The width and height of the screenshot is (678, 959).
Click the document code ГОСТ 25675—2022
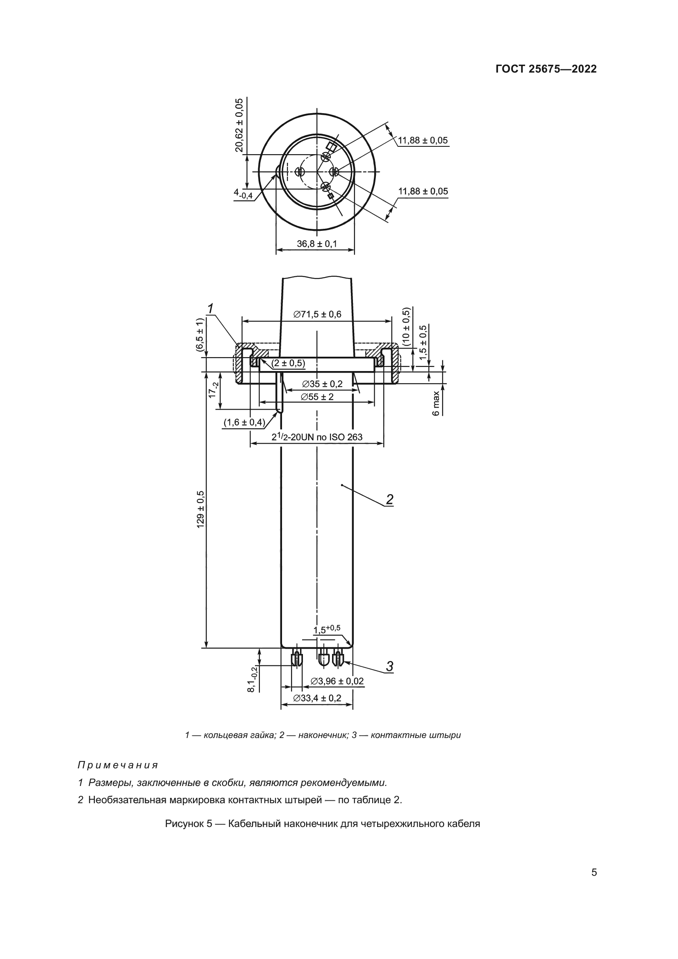546,69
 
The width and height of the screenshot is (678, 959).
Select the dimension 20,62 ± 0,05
239,125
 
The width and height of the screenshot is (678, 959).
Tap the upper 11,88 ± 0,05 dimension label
423,140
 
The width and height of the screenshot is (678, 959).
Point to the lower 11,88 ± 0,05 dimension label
423,191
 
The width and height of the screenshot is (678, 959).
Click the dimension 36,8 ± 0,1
316,244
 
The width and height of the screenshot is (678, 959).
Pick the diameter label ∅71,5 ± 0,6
317,314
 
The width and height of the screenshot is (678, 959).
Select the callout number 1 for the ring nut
211,309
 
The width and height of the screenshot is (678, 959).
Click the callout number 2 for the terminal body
389,499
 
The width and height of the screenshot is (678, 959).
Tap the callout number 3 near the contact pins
389,666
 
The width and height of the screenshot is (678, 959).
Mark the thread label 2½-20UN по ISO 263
317,437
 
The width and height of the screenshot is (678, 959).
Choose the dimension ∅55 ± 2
317,396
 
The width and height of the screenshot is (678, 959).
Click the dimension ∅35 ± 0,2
322,384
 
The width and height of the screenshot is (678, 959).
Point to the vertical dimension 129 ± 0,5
201,510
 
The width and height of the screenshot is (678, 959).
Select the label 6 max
436,403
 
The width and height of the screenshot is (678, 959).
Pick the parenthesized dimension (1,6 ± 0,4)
244,422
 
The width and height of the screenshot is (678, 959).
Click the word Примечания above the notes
118,765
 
